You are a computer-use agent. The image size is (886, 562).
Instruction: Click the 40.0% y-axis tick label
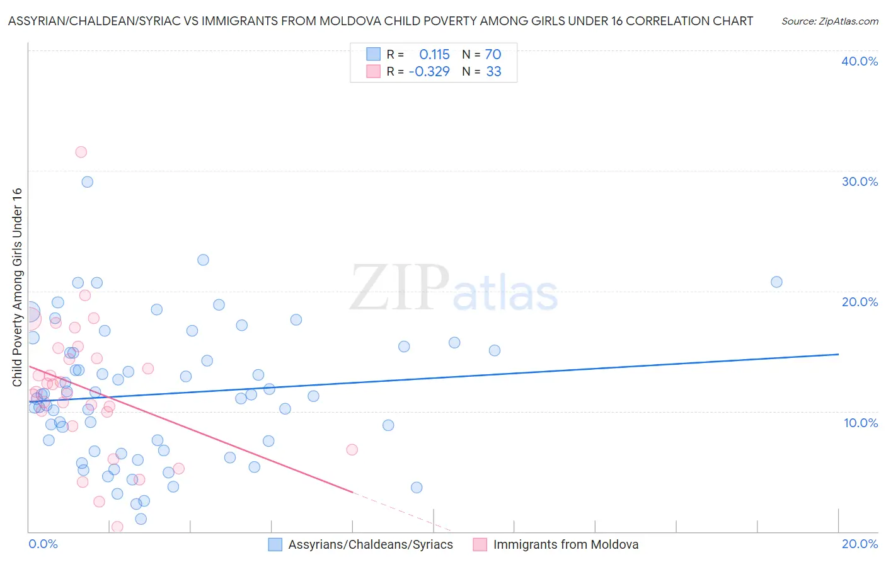click(x=860, y=61)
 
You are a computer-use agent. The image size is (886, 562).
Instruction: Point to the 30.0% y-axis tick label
click(x=860, y=181)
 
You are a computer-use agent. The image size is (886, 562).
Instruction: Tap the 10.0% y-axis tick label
click(x=861, y=423)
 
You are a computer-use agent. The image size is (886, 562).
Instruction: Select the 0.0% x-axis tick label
click(x=43, y=544)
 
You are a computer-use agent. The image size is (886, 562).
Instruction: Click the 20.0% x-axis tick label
click(x=860, y=544)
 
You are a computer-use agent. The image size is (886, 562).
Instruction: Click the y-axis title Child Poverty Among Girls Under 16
click(x=17, y=287)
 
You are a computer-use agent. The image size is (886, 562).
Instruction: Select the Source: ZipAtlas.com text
click(x=829, y=21)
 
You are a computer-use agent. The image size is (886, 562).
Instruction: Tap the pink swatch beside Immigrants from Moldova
click(x=480, y=544)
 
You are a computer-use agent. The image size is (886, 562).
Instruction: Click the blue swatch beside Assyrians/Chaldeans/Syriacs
click(x=275, y=544)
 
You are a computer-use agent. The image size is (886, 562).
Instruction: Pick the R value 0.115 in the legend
click(x=434, y=54)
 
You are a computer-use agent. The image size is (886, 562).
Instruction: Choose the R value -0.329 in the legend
click(x=429, y=71)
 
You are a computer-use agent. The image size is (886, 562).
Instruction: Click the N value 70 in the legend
click(x=493, y=54)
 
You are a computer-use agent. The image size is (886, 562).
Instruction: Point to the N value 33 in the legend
click(x=493, y=71)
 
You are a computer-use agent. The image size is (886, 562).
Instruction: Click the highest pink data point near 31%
click(x=81, y=152)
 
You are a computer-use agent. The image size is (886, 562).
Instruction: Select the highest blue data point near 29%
click(x=88, y=182)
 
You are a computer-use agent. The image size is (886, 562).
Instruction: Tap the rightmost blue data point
click(x=776, y=282)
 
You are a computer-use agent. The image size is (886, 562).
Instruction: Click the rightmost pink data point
click(x=352, y=450)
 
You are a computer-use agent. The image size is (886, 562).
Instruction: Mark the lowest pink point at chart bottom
click(x=117, y=527)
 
